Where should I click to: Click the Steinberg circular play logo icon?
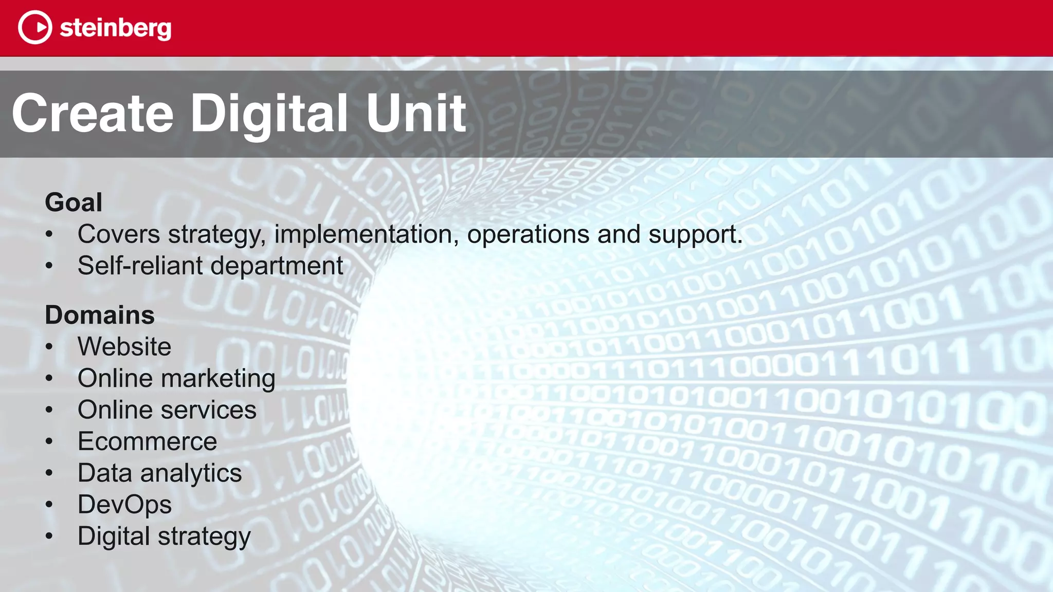pyautogui.click(x=35, y=27)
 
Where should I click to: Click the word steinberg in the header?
pyautogui.click(x=116, y=28)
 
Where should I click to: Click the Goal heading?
pyautogui.click(x=74, y=202)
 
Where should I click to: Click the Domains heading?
pyautogui.click(x=100, y=315)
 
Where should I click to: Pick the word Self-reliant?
pyautogui.click(x=140, y=266)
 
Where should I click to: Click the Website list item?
pyautogui.click(x=124, y=346)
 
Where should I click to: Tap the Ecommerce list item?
pyautogui.click(x=148, y=441)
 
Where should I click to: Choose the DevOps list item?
pyautogui.click(x=125, y=505)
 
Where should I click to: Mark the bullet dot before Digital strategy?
pyautogui.click(x=49, y=536)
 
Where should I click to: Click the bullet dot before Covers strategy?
pyautogui.click(x=49, y=234)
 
